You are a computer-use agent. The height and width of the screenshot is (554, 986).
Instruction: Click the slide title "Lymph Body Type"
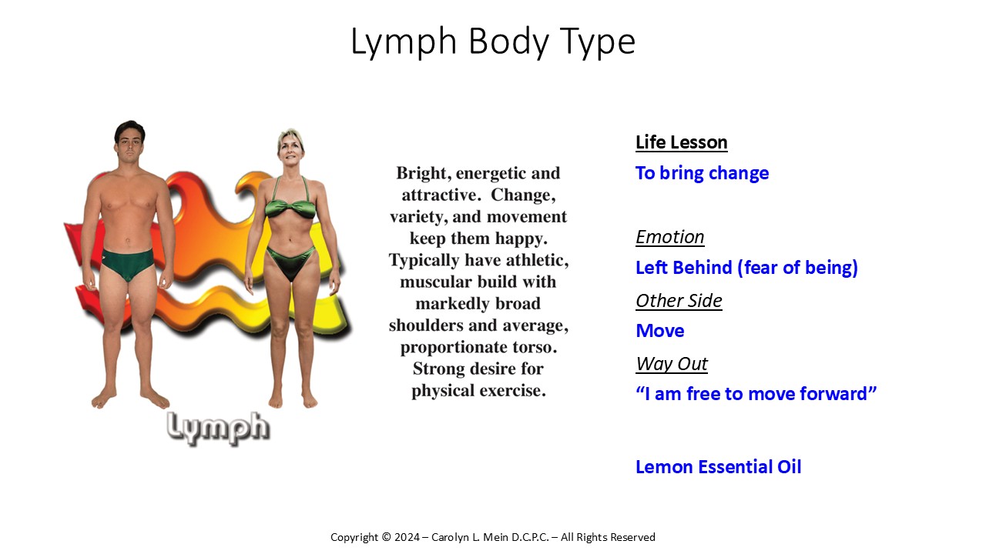493,42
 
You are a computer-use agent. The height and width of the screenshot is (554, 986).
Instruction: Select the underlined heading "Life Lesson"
682,142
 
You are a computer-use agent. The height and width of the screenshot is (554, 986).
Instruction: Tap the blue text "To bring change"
702,173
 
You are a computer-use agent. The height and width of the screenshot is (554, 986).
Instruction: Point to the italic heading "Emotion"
670,237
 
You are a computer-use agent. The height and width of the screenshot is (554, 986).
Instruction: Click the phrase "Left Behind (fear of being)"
746,268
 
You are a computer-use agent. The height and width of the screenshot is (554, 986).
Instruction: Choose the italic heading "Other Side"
679,301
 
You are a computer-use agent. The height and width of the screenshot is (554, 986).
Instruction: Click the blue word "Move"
660,331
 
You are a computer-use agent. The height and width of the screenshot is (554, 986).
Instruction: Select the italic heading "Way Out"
672,364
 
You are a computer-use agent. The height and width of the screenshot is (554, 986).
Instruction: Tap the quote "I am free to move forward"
756,393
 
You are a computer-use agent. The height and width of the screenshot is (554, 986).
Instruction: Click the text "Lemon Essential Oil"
719,467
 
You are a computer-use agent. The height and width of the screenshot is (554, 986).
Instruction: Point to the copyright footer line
493,537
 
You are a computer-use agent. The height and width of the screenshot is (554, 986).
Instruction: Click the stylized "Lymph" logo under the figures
218,429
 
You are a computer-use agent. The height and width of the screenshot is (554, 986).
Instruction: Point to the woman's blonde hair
290,137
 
